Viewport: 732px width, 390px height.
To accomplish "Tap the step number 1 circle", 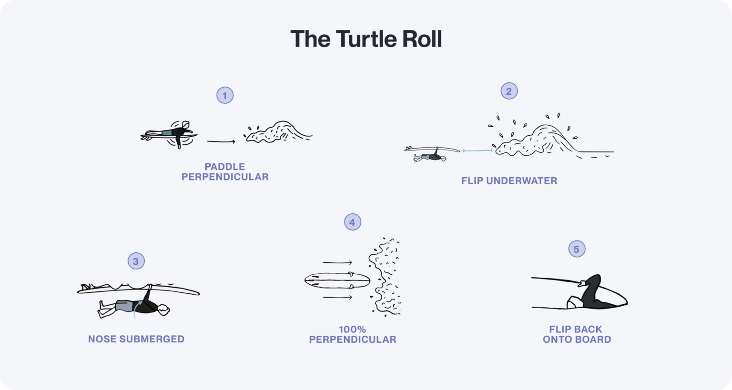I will click(x=225, y=95).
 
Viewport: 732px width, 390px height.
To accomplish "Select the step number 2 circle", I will click(x=509, y=91).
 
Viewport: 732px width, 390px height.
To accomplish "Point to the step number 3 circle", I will click(x=136, y=261).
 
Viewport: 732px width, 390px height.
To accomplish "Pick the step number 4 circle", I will click(x=352, y=222).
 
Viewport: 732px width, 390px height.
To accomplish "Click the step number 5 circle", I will click(x=577, y=249).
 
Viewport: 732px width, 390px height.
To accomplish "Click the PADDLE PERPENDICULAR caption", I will click(x=225, y=172).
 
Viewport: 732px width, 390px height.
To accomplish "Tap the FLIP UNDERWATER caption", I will click(x=509, y=181).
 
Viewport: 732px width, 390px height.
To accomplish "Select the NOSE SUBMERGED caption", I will click(x=136, y=339).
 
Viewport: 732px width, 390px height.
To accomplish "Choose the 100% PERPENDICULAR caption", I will click(x=352, y=334).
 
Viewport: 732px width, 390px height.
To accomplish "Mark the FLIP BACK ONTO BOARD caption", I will click(x=577, y=334).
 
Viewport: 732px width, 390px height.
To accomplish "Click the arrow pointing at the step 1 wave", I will click(x=221, y=141).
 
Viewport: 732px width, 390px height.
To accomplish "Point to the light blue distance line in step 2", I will click(x=477, y=151).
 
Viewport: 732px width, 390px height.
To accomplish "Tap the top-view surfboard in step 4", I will click(x=337, y=280).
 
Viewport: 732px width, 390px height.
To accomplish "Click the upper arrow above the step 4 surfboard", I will click(x=337, y=262).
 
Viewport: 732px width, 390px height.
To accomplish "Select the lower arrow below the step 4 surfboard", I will click(x=337, y=298).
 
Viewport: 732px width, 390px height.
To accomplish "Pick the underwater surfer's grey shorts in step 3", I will click(x=124, y=306).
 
